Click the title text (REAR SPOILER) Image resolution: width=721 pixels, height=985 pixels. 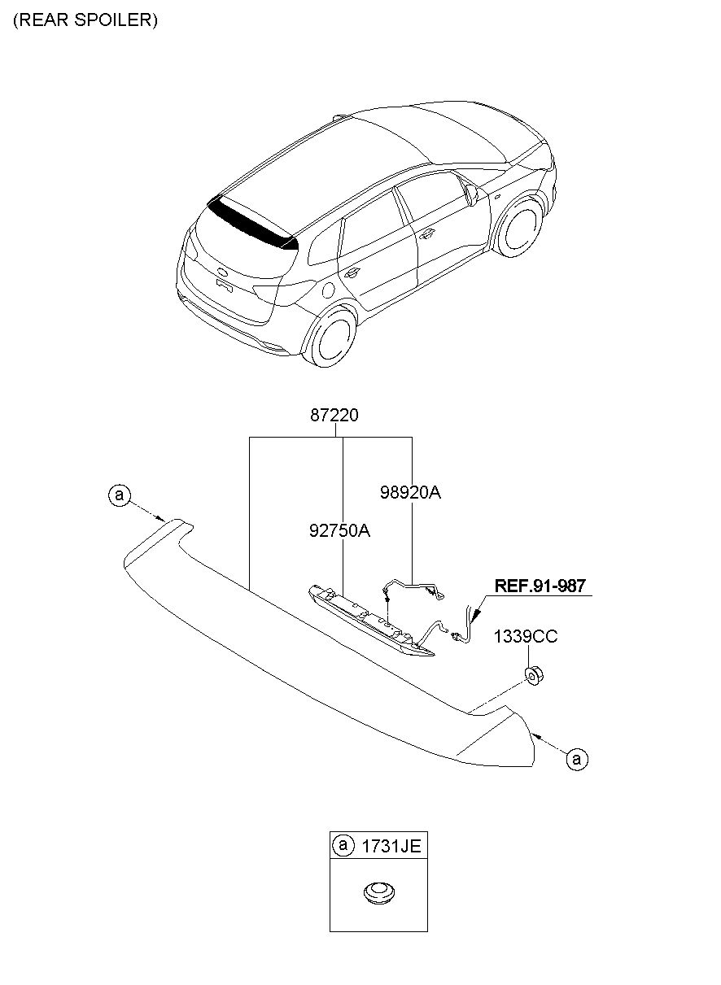pos(85,20)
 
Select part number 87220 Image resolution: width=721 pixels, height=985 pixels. pos(334,416)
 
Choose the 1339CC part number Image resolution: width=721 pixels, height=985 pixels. pos(526,637)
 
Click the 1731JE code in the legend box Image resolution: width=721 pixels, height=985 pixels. pos(391,847)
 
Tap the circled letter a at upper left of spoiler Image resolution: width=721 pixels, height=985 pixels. pos(120,495)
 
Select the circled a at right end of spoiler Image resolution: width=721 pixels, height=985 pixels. pos(576,759)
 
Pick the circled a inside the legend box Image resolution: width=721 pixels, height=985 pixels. pos(343,847)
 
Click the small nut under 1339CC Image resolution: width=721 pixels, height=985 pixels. pos(533,674)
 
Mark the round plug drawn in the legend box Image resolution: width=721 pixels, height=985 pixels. pos(376,893)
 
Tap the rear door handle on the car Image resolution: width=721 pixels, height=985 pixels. pos(353,273)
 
